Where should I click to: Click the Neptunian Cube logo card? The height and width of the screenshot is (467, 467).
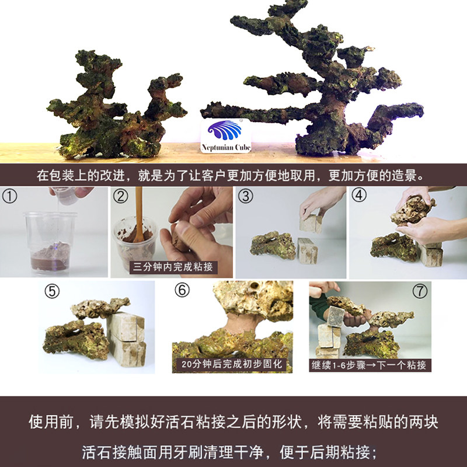point(225,136)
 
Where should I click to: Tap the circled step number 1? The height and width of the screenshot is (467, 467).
point(9,197)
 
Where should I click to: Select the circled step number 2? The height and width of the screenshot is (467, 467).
point(121,197)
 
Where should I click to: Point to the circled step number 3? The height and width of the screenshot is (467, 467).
point(246,196)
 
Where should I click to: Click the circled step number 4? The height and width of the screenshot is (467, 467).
point(359,196)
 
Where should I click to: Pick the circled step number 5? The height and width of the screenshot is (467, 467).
point(52,291)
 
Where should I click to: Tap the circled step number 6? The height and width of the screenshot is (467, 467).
point(182,290)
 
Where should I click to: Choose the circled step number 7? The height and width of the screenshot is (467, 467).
point(420,291)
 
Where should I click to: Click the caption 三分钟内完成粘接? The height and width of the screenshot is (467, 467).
point(173,267)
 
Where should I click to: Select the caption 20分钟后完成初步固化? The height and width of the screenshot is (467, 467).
point(232,364)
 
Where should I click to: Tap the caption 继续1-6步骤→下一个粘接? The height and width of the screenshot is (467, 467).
point(369,365)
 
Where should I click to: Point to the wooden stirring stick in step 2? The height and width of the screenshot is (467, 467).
point(139,214)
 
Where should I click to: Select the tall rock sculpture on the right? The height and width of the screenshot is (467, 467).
point(313,81)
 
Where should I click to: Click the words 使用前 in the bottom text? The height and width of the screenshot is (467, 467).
point(51,422)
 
